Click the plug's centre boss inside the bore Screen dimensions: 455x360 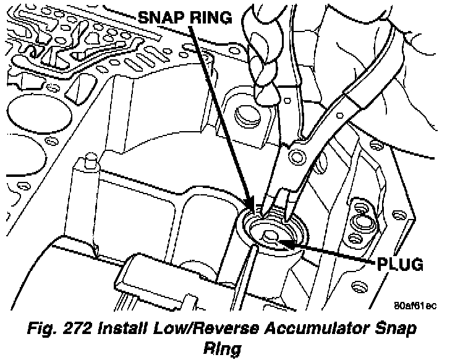(270, 235)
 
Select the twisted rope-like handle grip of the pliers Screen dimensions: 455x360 (262, 56)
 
